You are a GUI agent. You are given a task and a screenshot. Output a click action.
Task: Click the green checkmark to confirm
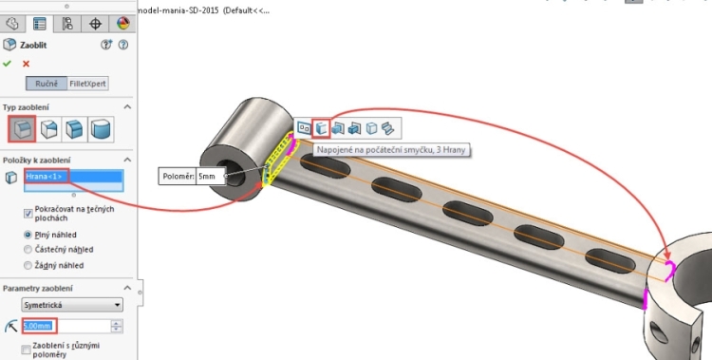(x=9, y=64)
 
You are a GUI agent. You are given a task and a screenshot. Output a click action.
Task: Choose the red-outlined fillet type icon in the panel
(x=22, y=129)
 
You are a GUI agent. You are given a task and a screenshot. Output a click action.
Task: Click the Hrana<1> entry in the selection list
(x=73, y=177)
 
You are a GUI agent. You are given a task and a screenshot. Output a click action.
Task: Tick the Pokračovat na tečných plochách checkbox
(x=28, y=206)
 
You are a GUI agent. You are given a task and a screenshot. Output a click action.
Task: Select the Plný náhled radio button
(x=28, y=234)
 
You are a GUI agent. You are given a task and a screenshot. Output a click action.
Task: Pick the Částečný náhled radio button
(x=28, y=250)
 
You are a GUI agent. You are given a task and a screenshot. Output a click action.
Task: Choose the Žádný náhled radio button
(x=28, y=266)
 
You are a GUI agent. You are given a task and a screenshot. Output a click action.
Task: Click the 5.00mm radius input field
(x=66, y=327)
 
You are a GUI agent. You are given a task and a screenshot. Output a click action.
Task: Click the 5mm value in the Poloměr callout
(x=208, y=177)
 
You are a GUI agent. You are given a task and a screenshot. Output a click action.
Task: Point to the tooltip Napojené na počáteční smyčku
(x=394, y=150)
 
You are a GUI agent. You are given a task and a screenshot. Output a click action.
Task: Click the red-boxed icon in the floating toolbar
(x=322, y=127)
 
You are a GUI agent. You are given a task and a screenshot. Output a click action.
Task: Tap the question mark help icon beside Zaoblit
(x=123, y=45)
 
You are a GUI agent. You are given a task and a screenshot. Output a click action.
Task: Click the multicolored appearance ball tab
(x=123, y=23)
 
